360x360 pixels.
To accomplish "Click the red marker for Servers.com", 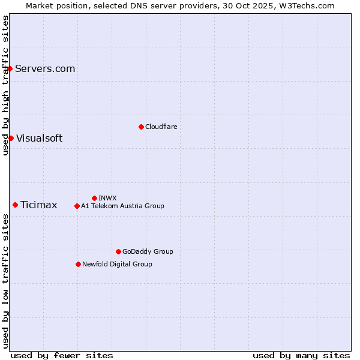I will click(x=10, y=68).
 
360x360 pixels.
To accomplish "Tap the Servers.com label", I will click(x=45, y=68).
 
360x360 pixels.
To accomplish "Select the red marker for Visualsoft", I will click(x=11, y=138).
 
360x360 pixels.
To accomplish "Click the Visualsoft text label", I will click(x=39, y=138).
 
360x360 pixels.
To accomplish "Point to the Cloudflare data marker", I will click(x=141, y=127).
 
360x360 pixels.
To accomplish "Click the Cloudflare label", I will click(x=161, y=127).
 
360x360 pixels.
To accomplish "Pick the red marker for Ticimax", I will click(x=15, y=205).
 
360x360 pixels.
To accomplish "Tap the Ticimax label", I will click(x=39, y=205).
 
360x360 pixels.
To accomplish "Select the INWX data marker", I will click(x=94, y=198).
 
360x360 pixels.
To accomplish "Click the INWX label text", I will click(x=107, y=198).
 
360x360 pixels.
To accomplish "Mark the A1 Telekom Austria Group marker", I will click(x=77, y=206).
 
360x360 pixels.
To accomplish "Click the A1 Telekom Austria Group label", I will click(x=122, y=206).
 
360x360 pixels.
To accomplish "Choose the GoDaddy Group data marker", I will click(x=118, y=251).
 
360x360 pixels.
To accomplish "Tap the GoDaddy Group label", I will click(x=148, y=251).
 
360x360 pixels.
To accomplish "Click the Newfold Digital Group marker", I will click(x=78, y=264).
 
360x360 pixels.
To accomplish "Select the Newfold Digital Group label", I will click(x=117, y=264).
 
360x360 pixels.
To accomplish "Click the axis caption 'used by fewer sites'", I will click(x=62, y=355).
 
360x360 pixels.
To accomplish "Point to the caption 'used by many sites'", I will click(x=301, y=355).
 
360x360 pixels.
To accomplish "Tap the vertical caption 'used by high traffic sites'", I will click(x=5, y=85).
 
